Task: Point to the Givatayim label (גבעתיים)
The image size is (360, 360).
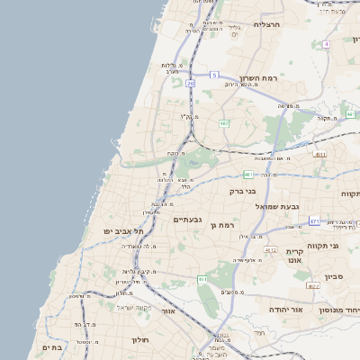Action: (x=191, y=219)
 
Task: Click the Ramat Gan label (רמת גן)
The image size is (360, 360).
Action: (x=222, y=225)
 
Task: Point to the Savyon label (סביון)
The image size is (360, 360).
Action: (x=334, y=278)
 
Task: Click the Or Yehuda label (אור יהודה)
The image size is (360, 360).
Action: (x=290, y=309)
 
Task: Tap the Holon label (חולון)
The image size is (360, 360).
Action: (x=139, y=340)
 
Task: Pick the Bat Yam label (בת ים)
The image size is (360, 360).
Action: (x=50, y=346)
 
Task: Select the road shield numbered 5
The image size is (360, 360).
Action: (x=214, y=74)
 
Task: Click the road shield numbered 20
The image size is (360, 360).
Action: (x=191, y=84)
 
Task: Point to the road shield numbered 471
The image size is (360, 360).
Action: (x=313, y=220)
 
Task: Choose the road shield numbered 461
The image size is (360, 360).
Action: (x=203, y=280)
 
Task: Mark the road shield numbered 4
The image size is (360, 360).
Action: (x=327, y=43)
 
